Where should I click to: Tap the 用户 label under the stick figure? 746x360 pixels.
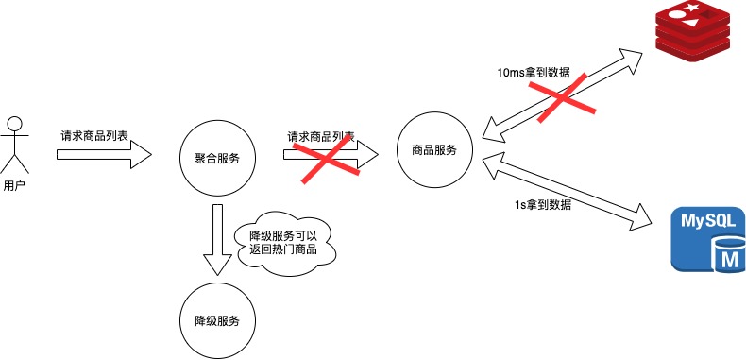click(14, 185)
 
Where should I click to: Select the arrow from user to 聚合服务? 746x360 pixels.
click(104, 154)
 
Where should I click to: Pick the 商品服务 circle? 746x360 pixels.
click(434, 149)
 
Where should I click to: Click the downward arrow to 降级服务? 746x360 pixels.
click(217, 240)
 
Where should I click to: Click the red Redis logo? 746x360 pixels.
click(695, 34)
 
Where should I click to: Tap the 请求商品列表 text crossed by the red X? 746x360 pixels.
click(320, 137)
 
